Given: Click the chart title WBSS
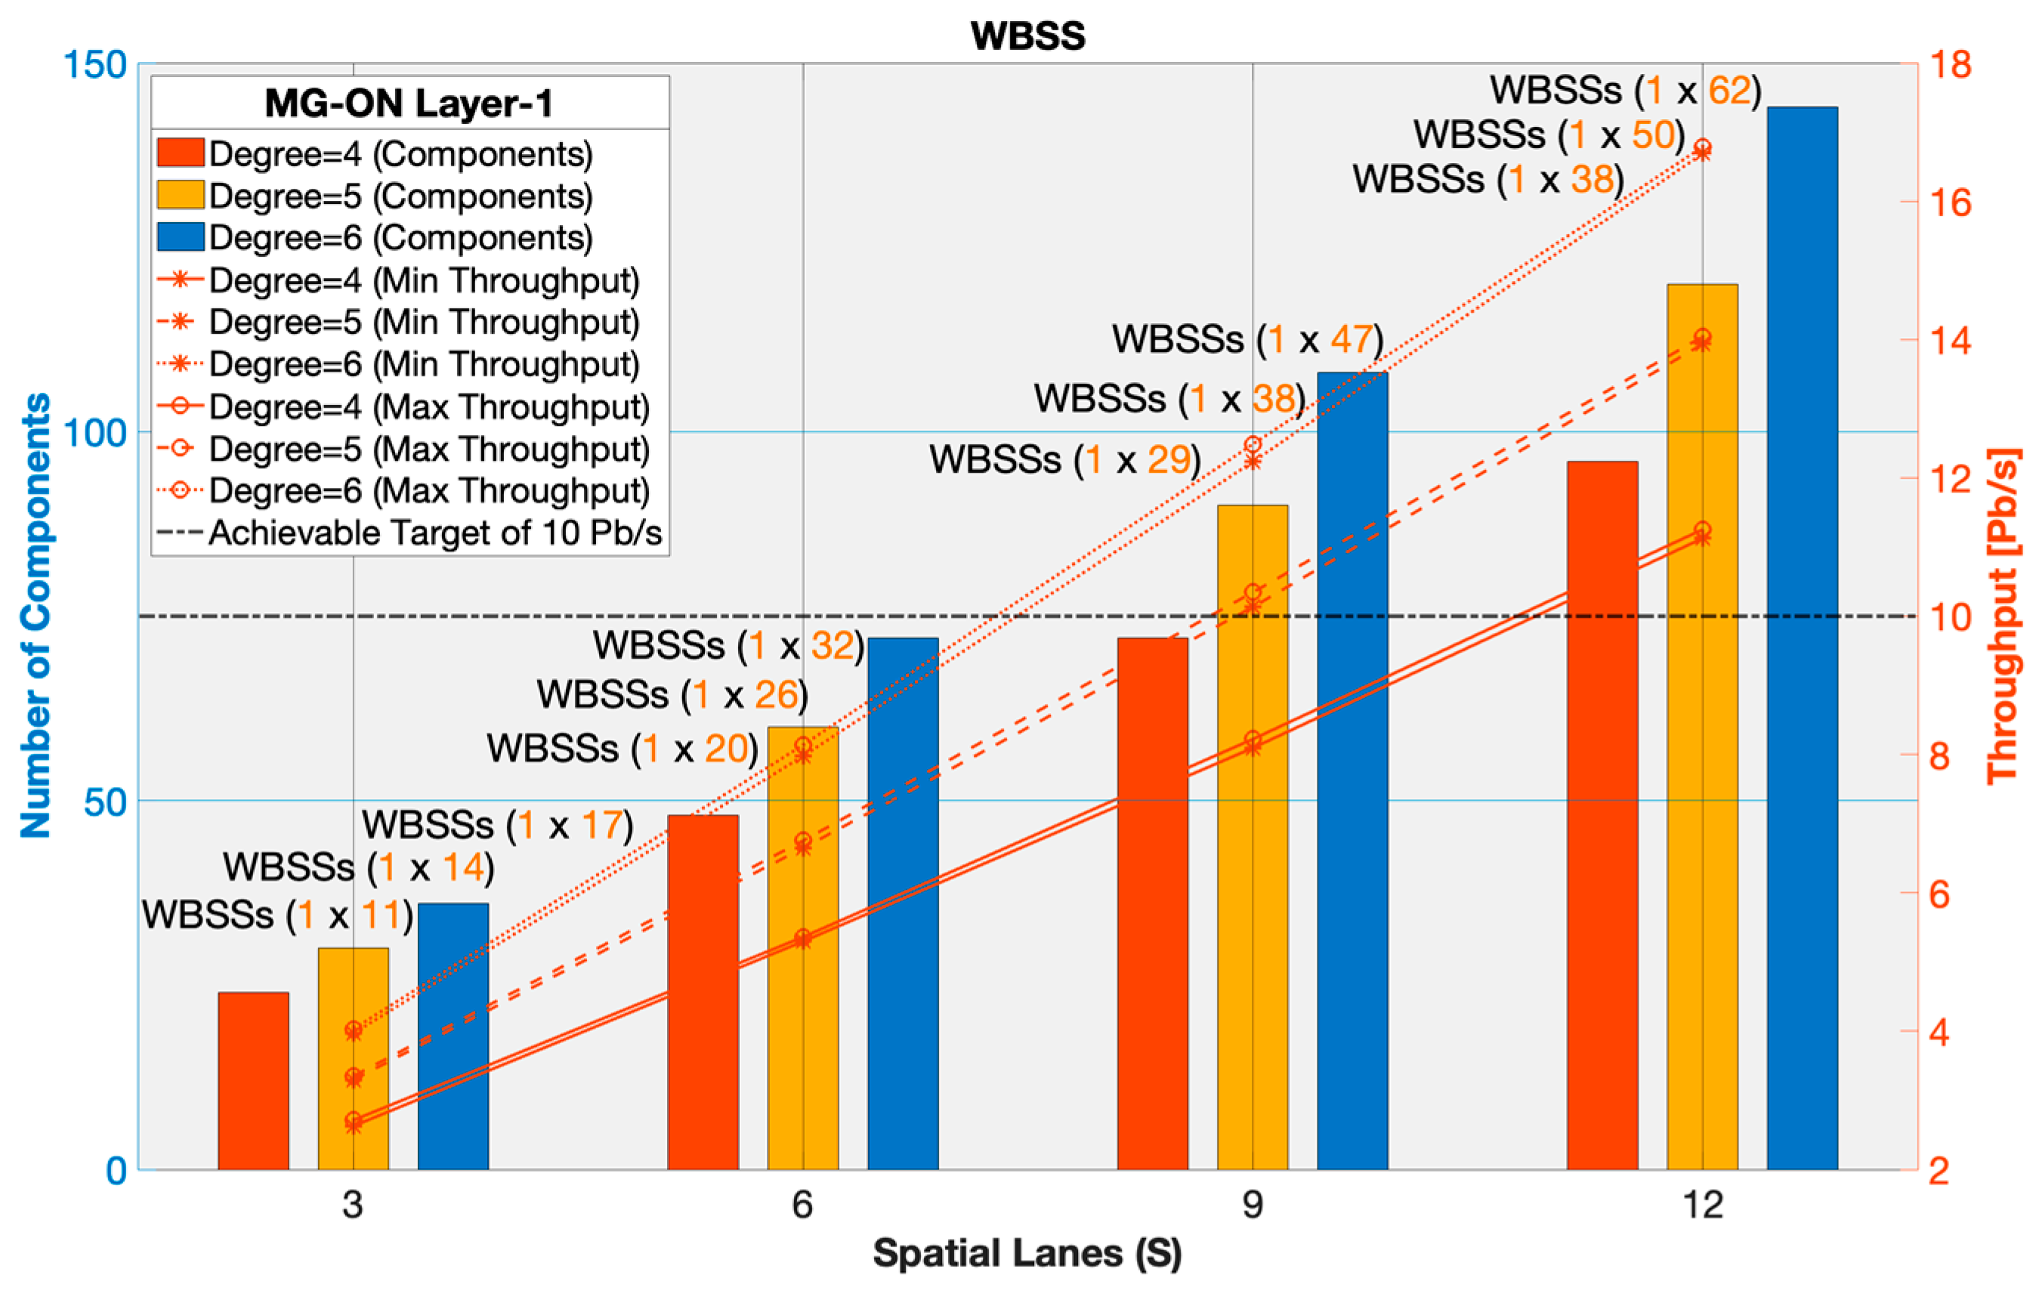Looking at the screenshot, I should pyautogui.click(x=1027, y=36).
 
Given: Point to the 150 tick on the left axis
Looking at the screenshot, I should pyautogui.click(x=95, y=65).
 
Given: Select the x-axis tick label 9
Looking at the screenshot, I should pyautogui.click(x=1253, y=1205).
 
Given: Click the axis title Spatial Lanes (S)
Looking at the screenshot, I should pyautogui.click(x=1027, y=1254).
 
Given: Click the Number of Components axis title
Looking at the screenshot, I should pyautogui.click(x=36, y=616).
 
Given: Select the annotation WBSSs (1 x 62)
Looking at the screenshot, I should pyautogui.click(x=1625, y=91).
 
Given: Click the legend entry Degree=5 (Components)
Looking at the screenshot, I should pyautogui.click(x=400, y=196).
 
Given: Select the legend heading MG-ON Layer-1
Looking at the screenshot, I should pyautogui.click(x=409, y=103).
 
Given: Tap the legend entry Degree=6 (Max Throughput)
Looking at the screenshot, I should pyautogui.click(x=428, y=491).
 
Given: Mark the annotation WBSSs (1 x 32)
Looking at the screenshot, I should pyautogui.click(x=728, y=646).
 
